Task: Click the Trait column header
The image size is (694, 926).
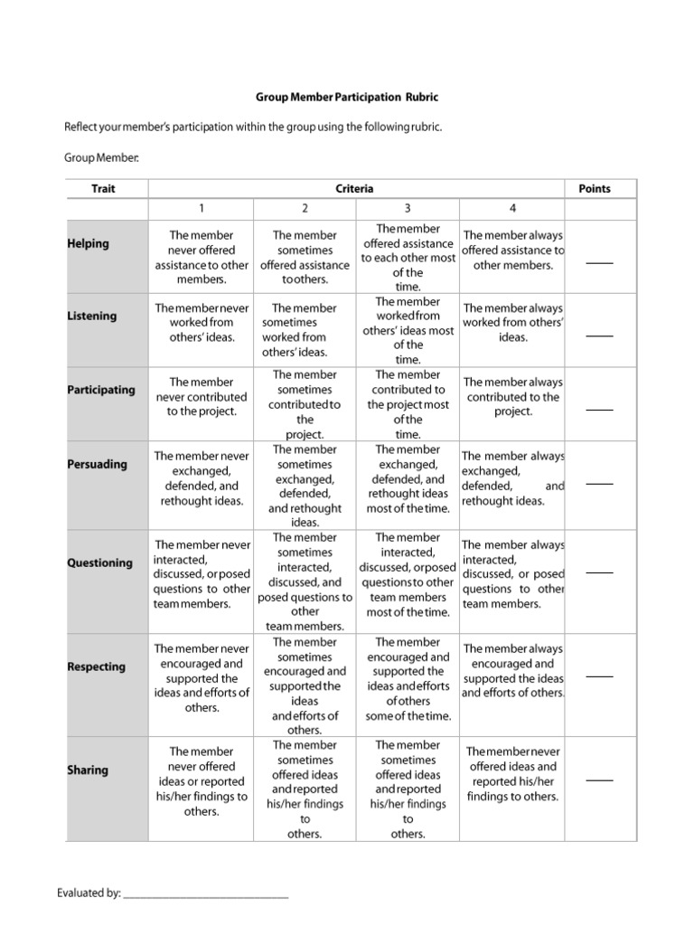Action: (103, 189)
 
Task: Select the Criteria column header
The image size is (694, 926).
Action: (354, 189)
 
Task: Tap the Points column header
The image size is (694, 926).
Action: (594, 189)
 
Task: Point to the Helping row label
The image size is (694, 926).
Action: (88, 243)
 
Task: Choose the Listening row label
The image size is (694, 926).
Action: (91, 316)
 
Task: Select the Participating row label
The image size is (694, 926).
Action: (101, 390)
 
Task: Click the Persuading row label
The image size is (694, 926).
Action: (98, 464)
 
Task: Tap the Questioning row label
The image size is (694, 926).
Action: (99, 562)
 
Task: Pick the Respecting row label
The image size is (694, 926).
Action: (96, 666)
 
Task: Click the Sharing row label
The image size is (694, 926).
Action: (87, 770)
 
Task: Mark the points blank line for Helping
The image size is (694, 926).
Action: (598, 263)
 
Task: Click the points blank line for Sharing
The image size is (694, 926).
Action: (598, 780)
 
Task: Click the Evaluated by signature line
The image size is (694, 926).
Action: (205, 895)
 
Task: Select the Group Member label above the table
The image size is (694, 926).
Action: (101, 158)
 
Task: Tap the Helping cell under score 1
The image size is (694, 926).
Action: (202, 258)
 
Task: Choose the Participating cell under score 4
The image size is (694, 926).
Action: (512, 396)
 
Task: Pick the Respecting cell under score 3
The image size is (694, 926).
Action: (408, 679)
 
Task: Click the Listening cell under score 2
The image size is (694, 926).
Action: (305, 330)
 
